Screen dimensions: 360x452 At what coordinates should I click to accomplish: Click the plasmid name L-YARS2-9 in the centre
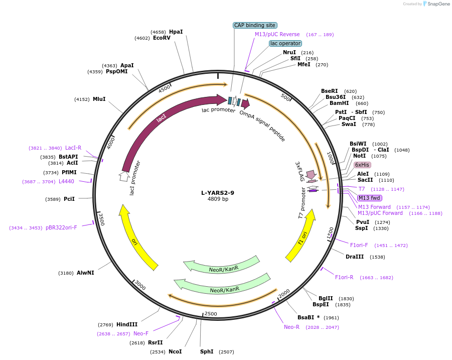218,192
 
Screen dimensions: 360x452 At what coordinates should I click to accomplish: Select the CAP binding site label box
255,25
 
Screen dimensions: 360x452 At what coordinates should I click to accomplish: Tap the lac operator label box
285,43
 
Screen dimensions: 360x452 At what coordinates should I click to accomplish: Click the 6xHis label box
362,165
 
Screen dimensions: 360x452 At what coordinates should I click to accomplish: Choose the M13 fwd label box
369,198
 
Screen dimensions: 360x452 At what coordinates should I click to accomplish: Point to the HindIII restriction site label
126,324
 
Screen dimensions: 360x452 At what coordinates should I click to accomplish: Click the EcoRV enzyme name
162,38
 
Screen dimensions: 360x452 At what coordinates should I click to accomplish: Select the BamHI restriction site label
339,103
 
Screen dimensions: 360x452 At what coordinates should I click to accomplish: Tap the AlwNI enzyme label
85,273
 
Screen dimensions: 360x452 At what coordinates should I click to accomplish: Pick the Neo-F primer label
141,333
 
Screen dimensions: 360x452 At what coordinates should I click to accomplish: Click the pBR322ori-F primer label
61,227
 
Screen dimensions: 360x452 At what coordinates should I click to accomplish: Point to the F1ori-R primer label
344,277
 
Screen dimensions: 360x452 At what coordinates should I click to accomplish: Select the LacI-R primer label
73,148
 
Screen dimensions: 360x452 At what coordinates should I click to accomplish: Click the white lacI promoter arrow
124,176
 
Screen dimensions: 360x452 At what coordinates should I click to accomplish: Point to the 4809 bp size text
218,199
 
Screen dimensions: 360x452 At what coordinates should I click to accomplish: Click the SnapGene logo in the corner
436,4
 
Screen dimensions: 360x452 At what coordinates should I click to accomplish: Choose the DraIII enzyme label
355,257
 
